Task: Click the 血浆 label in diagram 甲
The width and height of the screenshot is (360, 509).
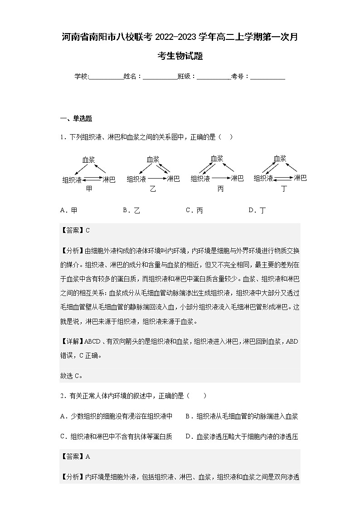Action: (88, 160)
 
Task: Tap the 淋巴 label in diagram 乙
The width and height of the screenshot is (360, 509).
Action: (173, 179)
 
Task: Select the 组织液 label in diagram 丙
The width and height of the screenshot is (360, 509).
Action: (200, 179)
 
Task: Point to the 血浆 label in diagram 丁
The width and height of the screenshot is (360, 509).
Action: (280, 159)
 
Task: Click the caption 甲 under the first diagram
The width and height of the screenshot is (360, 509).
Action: (89, 189)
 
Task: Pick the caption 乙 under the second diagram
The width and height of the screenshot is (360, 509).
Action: (153, 189)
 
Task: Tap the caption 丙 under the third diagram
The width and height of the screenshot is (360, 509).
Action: (220, 189)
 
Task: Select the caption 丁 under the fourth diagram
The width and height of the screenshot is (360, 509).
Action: (284, 189)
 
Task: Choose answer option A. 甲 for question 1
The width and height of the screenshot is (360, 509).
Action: (68, 210)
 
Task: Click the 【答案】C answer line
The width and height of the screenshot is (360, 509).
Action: (75, 230)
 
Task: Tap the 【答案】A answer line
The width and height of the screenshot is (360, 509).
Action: (75, 456)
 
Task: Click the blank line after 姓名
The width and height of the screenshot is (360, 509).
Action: (160, 77)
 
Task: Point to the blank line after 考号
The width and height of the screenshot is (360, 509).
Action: (268, 77)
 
